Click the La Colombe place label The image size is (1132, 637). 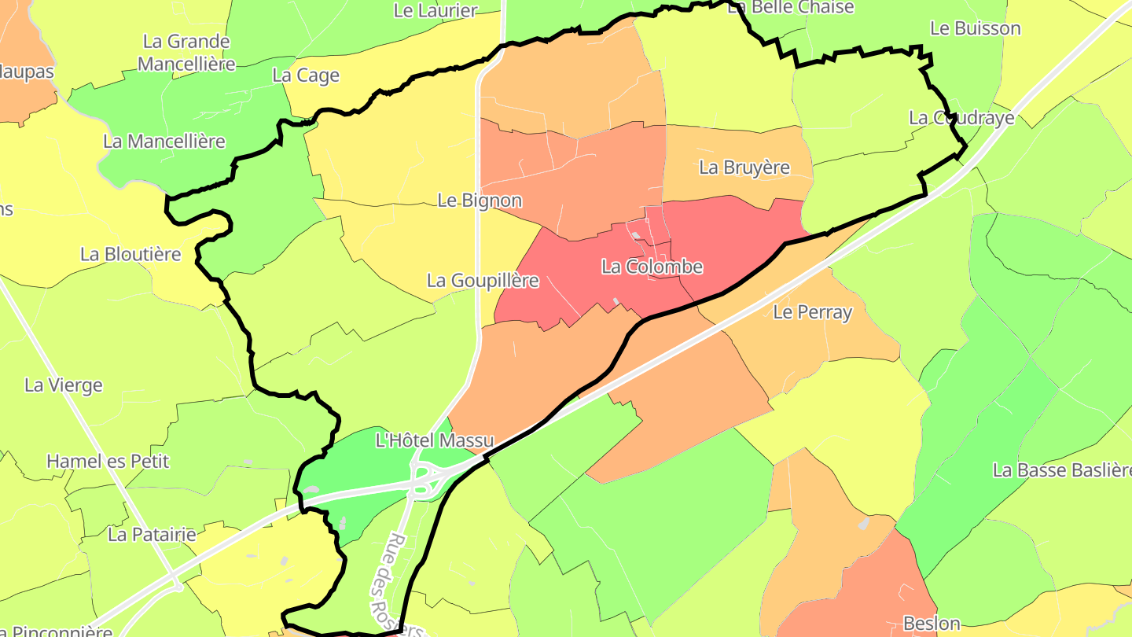click(x=652, y=267)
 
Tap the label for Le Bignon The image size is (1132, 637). click(x=480, y=201)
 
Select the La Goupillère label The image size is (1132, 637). click(x=483, y=280)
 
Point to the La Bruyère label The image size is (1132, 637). click(x=744, y=168)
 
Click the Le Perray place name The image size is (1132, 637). click(x=812, y=312)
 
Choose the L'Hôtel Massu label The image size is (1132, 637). click(x=435, y=440)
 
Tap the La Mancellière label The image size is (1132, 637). click(x=164, y=142)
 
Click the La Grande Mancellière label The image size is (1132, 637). click(x=186, y=52)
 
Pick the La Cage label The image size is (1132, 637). click(x=306, y=75)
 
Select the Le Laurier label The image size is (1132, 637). click(x=435, y=10)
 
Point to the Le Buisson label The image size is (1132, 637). click(x=975, y=28)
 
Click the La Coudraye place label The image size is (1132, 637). click(x=961, y=118)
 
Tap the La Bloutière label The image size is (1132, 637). click(x=130, y=254)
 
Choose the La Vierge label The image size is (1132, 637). click(x=64, y=385)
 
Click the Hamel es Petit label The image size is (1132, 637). click(x=108, y=461)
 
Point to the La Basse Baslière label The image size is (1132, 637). click(x=1061, y=470)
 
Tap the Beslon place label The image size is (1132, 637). click(x=932, y=624)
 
